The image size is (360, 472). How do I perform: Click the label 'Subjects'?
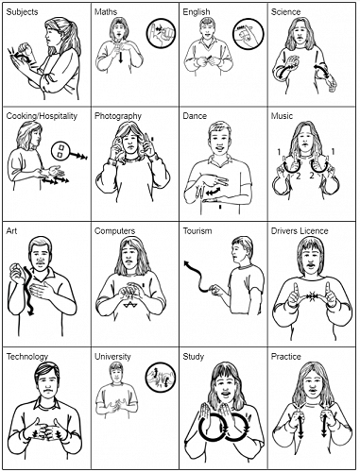pos(22,12)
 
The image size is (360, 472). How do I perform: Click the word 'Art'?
pos(11,230)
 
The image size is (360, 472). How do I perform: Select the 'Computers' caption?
pos(116,230)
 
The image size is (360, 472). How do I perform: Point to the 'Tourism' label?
pos(198,230)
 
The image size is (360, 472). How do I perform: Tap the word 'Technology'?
pos(27,357)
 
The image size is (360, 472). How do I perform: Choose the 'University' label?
pos(113,357)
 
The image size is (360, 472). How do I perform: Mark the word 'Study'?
pos(195,357)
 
